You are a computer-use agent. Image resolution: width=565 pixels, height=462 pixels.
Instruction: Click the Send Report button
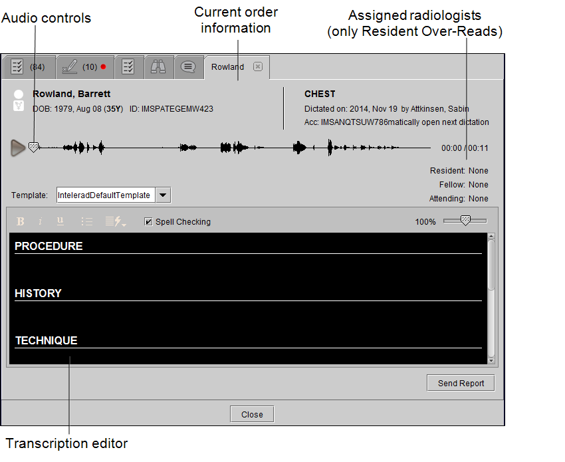pos(461,383)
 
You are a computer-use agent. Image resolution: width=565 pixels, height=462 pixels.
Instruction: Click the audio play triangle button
pos(18,148)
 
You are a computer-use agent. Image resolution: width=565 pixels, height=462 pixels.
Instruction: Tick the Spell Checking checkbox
pos(148,221)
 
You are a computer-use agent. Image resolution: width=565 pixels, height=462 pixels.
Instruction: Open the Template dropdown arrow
pos(163,195)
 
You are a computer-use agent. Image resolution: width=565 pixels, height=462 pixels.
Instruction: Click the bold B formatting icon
pos(21,221)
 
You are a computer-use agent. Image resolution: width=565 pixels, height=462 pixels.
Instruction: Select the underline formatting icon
pos(60,221)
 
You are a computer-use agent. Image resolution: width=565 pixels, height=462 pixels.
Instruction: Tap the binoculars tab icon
pos(158,66)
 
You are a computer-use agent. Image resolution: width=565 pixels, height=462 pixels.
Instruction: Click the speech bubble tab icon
pos(188,66)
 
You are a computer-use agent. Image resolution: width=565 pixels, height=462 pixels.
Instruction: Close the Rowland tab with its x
pos(258,66)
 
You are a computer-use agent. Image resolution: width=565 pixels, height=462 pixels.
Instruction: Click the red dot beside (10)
pos(104,66)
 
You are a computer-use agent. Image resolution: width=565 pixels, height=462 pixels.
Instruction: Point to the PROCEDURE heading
pos(49,246)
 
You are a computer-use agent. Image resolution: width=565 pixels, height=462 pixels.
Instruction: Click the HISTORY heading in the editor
pos(38,293)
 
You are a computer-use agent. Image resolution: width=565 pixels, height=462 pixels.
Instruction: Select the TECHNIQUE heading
pos(46,340)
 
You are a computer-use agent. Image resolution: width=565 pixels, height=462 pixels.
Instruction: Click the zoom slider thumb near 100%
pos(465,220)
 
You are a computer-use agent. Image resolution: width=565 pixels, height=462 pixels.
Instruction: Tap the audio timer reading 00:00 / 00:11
pos(465,148)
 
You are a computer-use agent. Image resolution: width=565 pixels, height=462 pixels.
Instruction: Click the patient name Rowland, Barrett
pos(71,94)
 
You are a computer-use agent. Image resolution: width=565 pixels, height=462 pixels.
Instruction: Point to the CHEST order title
pos(320,94)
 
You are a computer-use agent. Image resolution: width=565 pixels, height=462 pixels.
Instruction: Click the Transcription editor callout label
pos(66,443)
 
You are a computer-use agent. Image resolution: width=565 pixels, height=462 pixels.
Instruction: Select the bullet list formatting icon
pos(87,221)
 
